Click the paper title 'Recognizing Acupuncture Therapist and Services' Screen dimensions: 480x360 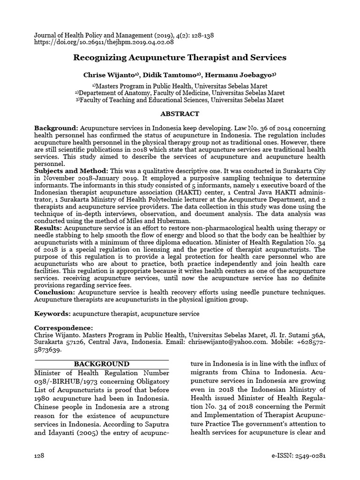coord(180,58)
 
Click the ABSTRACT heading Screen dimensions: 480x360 coord(180,114)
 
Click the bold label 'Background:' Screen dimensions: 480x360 coord(56,128)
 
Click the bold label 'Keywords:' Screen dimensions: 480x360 coord(52,313)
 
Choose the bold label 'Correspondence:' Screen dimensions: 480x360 coord(64,328)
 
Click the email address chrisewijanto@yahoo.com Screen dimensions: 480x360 coord(228,342)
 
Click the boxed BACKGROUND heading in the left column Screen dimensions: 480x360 coord(101,364)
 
